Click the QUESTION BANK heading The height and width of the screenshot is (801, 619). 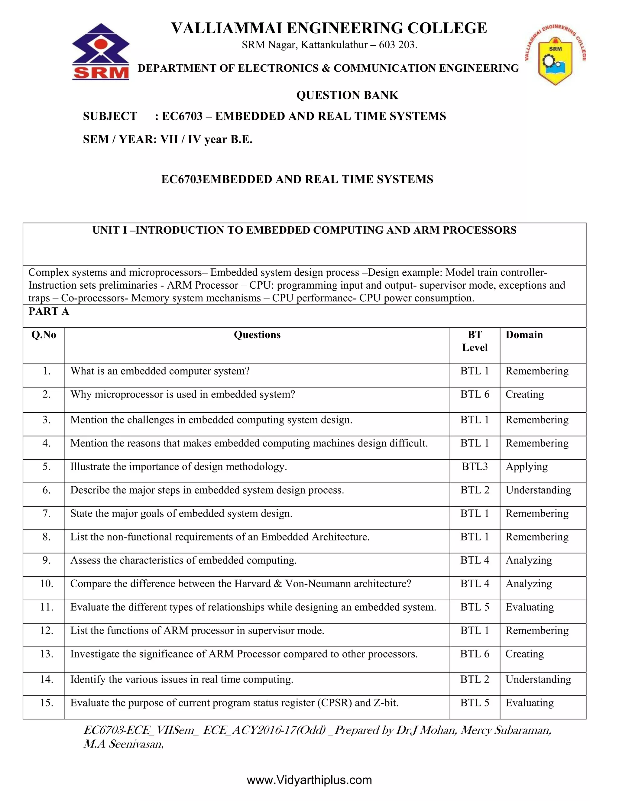pyautogui.click(x=347, y=95)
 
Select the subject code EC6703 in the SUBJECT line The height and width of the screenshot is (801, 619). pyautogui.click(x=182, y=116)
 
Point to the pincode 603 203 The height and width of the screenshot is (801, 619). pyautogui.click(x=397, y=45)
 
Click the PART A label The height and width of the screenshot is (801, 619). pyautogui.click(x=49, y=311)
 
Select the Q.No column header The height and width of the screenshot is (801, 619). pyautogui.click(x=44, y=335)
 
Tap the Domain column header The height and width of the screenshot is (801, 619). pyautogui.click(x=524, y=335)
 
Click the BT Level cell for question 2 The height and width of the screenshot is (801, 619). pyautogui.click(x=475, y=395)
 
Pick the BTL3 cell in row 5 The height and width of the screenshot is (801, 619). pyautogui.click(x=475, y=467)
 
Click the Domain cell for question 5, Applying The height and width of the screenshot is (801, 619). pyautogui.click(x=526, y=467)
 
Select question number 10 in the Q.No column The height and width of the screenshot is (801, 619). pyautogui.click(x=47, y=584)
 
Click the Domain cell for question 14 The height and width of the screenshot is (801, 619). pyautogui.click(x=538, y=679)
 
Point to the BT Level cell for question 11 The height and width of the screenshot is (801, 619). pyautogui.click(x=475, y=607)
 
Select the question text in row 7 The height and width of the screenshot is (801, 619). pyautogui.click(x=181, y=514)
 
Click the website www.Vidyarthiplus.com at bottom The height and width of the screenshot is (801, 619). pyautogui.click(x=309, y=780)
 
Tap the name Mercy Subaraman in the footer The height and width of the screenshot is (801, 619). pyautogui.click(x=506, y=730)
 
